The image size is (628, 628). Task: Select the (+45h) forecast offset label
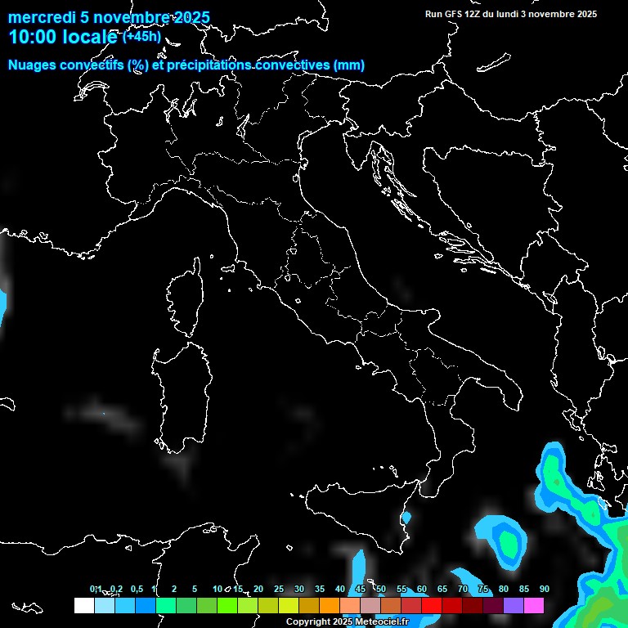coord(142,36)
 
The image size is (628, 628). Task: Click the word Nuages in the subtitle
coord(33,65)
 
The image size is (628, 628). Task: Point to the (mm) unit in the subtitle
coord(348,65)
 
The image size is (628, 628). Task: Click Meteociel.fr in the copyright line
coord(380,622)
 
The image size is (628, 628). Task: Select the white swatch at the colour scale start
coord(83,605)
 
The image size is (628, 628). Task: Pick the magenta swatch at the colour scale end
coord(533,605)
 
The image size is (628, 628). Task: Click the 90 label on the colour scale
coord(544,590)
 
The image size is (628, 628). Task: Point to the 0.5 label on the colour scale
coord(136,590)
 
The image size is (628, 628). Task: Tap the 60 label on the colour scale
coord(421,590)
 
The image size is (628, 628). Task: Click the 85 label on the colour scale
coord(523,590)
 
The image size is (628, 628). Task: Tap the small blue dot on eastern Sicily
coord(406,518)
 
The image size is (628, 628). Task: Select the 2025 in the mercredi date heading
coord(190,18)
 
